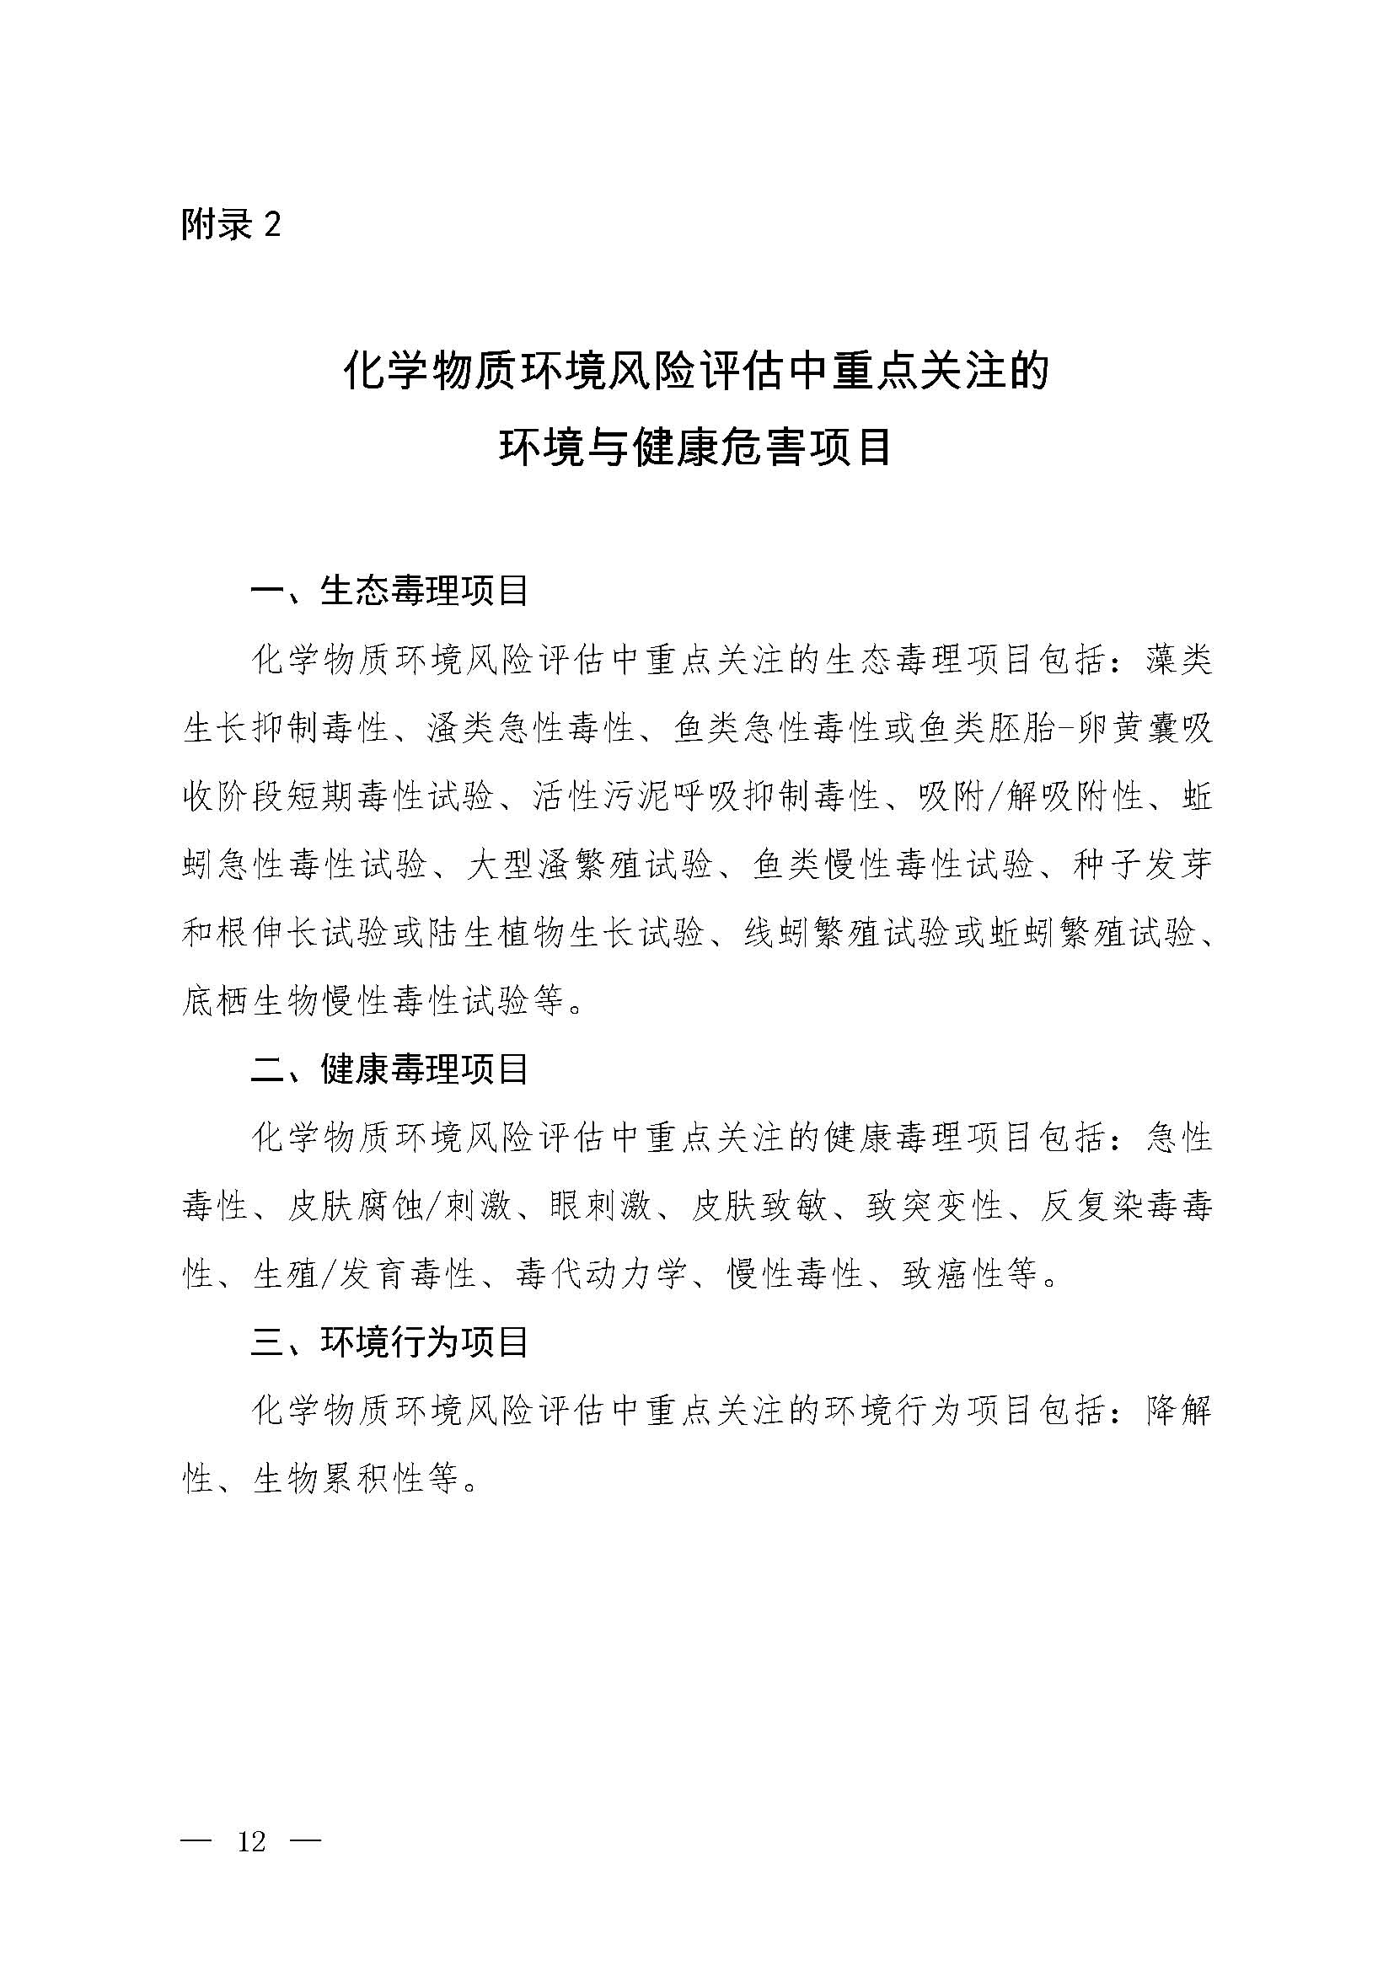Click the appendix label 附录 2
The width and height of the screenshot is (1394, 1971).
(231, 225)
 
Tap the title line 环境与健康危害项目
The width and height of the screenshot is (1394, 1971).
(696, 447)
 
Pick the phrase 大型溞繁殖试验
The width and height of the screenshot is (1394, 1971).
(590, 865)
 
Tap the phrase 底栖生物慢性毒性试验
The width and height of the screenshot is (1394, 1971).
(357, 1001)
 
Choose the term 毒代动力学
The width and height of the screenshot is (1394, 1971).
(601, 1274)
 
